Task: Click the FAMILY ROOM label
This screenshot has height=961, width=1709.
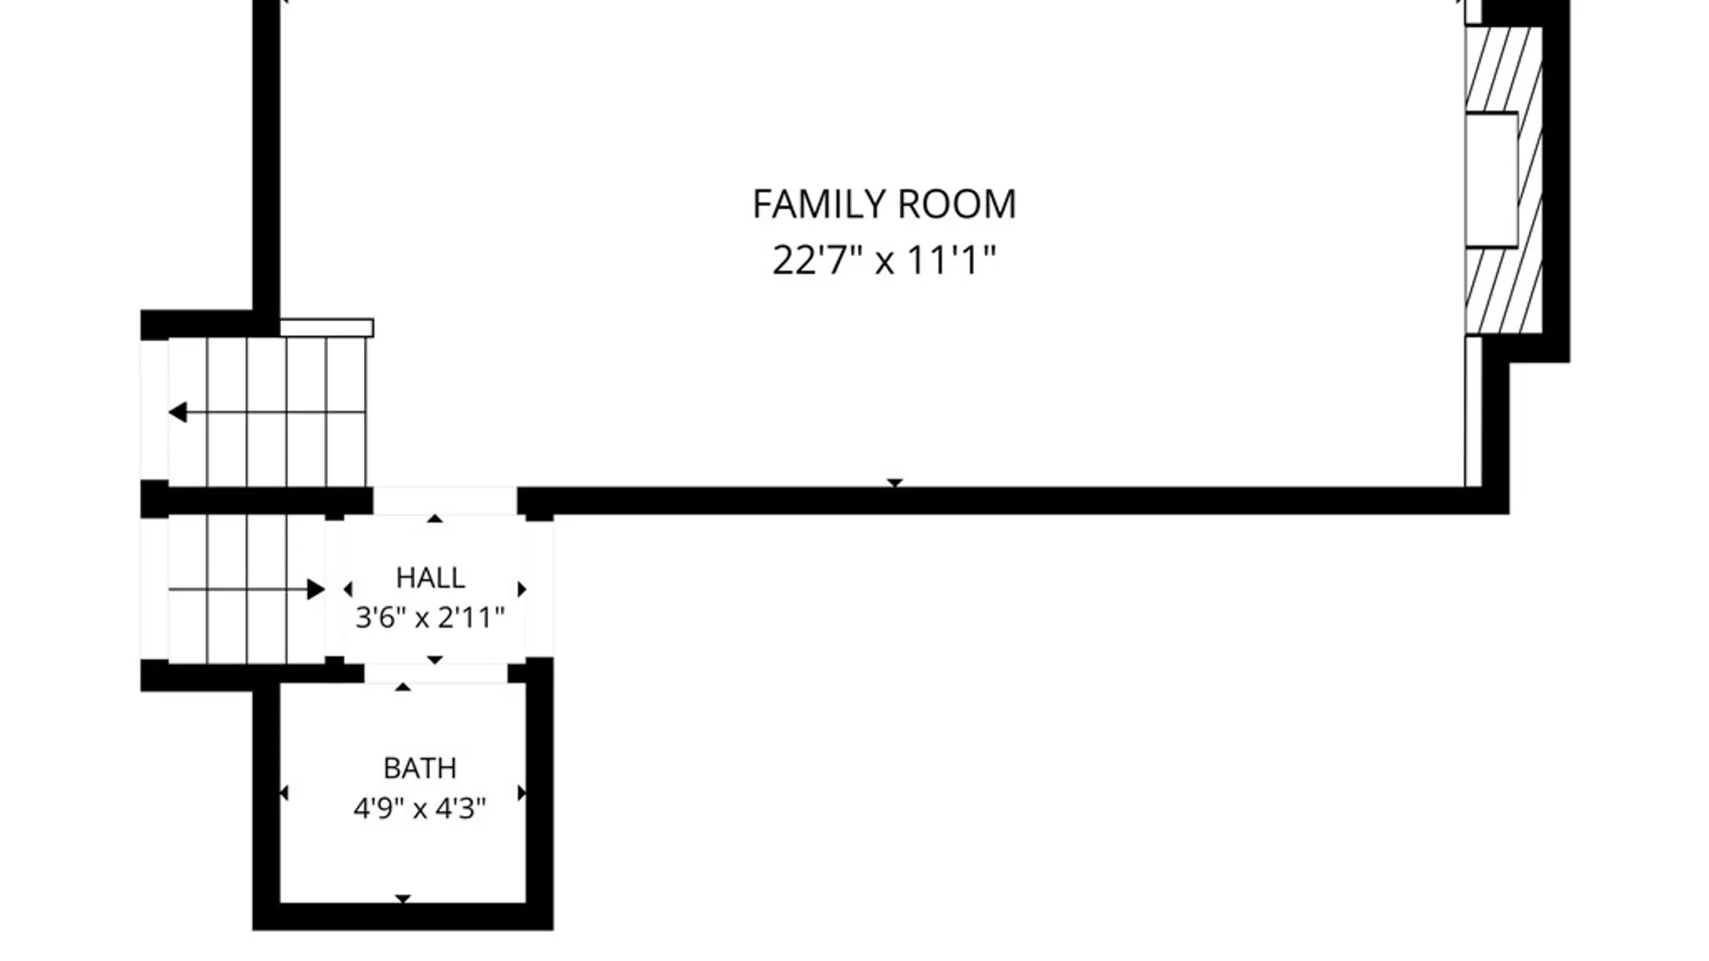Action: tap(884, 205)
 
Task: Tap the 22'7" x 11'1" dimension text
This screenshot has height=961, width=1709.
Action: tap(884, 261)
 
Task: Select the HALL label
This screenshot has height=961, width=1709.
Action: tap(430, 578)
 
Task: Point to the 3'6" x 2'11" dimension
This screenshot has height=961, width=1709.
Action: tap(430, 618)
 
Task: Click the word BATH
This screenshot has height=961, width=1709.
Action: tap(420, 768)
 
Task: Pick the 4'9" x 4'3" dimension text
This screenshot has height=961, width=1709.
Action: tap(420, 809)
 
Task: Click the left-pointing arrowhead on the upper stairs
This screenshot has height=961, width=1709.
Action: tap(177, 412)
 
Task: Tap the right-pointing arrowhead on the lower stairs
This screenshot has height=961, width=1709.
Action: tap(316, 589)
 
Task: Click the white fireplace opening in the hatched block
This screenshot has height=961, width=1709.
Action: tap(1491, 180)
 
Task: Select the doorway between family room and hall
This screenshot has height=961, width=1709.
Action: tap(445, 501)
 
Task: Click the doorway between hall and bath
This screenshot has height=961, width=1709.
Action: tap(436, 673)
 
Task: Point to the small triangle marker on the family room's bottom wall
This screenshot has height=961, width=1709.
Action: tap(895, 483)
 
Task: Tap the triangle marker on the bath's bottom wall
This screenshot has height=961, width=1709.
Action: tap(403, 899)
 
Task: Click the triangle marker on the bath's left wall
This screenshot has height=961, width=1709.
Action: tap(284, 793)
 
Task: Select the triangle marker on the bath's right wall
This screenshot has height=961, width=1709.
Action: tap(522, 793)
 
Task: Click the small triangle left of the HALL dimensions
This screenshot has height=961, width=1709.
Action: tap(347, 589)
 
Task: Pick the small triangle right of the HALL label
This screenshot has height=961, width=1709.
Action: tap(522, 589)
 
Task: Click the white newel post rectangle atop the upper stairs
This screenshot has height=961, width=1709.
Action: tap(327, 328)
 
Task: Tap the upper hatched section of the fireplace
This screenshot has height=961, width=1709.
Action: tap(1503, 69)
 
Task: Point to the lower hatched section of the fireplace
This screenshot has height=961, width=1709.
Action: tap(1503, 291)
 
